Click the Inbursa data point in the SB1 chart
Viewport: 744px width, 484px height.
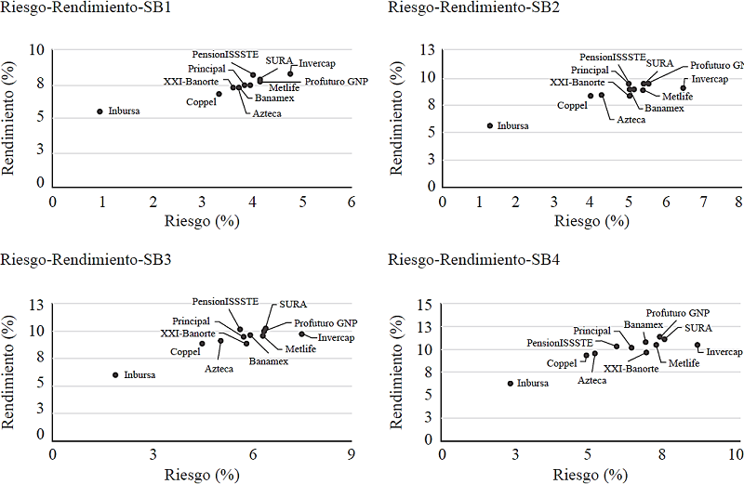pyautogui.click(x=100, y=111)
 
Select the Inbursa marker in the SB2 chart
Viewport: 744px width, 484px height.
pyautogui.click(x=490, y=125)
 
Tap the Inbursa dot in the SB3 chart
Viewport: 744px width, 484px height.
pyautogui.click(x=115, y=375)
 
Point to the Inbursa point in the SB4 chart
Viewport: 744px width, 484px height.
pyautogui.click(x=510, y=383)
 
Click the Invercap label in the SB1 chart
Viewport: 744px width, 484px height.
pyautogui.click(x=317, y=63)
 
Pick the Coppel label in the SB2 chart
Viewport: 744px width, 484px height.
pyautogui.click(x=572, y=106)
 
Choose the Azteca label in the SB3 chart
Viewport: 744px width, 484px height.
pyautogui.click(x=219, y=369)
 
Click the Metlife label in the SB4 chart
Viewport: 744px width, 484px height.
pyautogui.click(x=683, y=362)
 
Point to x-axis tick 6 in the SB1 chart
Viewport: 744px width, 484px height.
pyautogui.click(x=352, y=202)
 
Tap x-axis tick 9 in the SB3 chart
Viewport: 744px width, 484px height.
pyautogui.click(x=352, y=454)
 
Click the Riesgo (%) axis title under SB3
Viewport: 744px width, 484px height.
pyautogui.click(x=202, y=474)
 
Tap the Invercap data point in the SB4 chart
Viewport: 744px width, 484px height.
pyautogui.click(x=697, y=345)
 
